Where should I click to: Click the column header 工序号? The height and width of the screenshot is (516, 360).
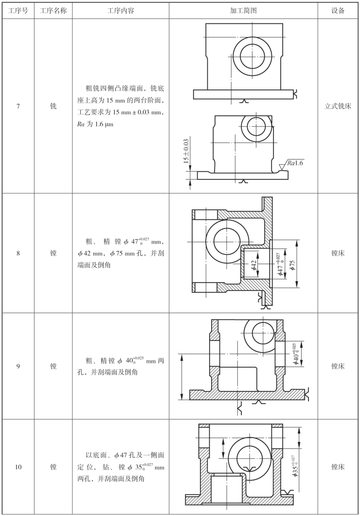pos(18,11)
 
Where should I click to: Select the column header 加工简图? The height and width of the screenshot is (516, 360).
pos(243,11)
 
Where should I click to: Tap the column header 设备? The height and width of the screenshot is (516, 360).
pos(338,11)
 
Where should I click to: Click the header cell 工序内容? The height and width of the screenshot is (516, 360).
pos(121,11)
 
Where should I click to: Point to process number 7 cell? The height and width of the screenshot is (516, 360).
pos(18,106)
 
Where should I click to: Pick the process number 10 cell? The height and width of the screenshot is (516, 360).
pos(18,467)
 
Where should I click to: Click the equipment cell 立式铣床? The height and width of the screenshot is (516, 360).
pos(338,106)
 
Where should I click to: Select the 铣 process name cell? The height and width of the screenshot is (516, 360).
pos(54,106)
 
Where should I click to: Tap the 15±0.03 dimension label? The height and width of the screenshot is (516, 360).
pos(186,151)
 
